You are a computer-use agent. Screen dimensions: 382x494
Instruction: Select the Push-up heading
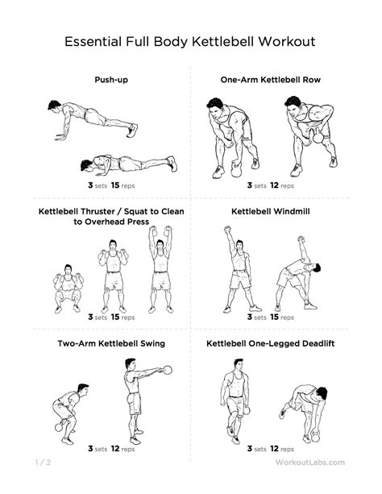[x=111, y=80]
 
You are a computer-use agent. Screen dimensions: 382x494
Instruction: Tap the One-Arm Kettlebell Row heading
[x=271, y=80]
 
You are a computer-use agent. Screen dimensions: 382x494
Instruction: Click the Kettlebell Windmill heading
[x=271, y=211]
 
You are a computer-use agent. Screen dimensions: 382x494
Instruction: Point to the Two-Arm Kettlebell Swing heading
[x=111, y=343]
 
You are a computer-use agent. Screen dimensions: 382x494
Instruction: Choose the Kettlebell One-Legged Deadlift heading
[x=271, y=343]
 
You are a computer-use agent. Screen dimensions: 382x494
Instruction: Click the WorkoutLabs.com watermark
[x=309, y=463]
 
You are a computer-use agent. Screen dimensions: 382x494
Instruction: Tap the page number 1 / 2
[x=43, y=463]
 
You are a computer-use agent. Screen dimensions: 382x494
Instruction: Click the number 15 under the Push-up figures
[x=115, y=185]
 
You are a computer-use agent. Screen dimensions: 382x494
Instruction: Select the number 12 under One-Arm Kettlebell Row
[x=274, y=185]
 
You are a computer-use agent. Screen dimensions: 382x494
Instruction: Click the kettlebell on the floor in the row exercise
[x=236, y=170]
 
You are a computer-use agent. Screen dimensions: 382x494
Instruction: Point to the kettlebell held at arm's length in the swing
[x=168, y=370]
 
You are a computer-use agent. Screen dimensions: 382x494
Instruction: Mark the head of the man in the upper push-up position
[x=54, y=106]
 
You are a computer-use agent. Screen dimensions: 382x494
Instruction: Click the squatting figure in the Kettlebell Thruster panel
[x=68, y=289]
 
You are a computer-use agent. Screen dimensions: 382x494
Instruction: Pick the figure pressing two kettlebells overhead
[x=160, y=269]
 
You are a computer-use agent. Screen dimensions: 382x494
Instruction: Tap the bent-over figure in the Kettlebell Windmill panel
[x=298, y=274]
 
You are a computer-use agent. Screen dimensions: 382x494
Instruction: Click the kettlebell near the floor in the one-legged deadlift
[x=315, y=436]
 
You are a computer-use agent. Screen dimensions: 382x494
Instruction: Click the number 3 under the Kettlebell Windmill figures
[x=250, y=317]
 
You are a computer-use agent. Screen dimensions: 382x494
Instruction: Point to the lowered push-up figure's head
[x=86, y=165]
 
